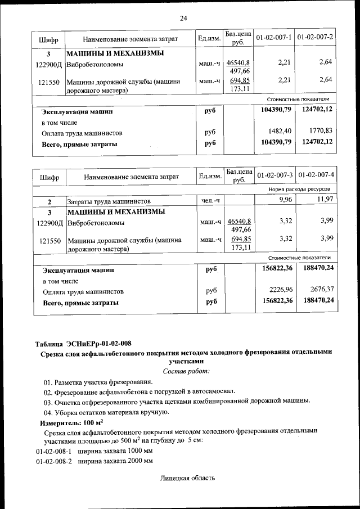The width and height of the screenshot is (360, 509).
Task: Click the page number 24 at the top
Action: tap(183, 18)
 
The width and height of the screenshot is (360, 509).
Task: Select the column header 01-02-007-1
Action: tap(273, 37)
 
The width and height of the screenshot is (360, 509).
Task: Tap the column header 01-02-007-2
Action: tap(315, 37)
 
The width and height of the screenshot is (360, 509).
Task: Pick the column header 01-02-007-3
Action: tap(274, 176)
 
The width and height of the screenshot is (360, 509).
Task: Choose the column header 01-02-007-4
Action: tap(316, 176)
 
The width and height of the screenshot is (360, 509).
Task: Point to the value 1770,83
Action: tap(321, 131)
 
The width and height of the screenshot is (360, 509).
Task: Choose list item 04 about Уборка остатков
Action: tap(106, 412)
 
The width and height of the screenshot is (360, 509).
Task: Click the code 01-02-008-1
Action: tap(54, 451)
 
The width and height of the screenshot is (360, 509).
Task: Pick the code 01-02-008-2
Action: tap(54, 461)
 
